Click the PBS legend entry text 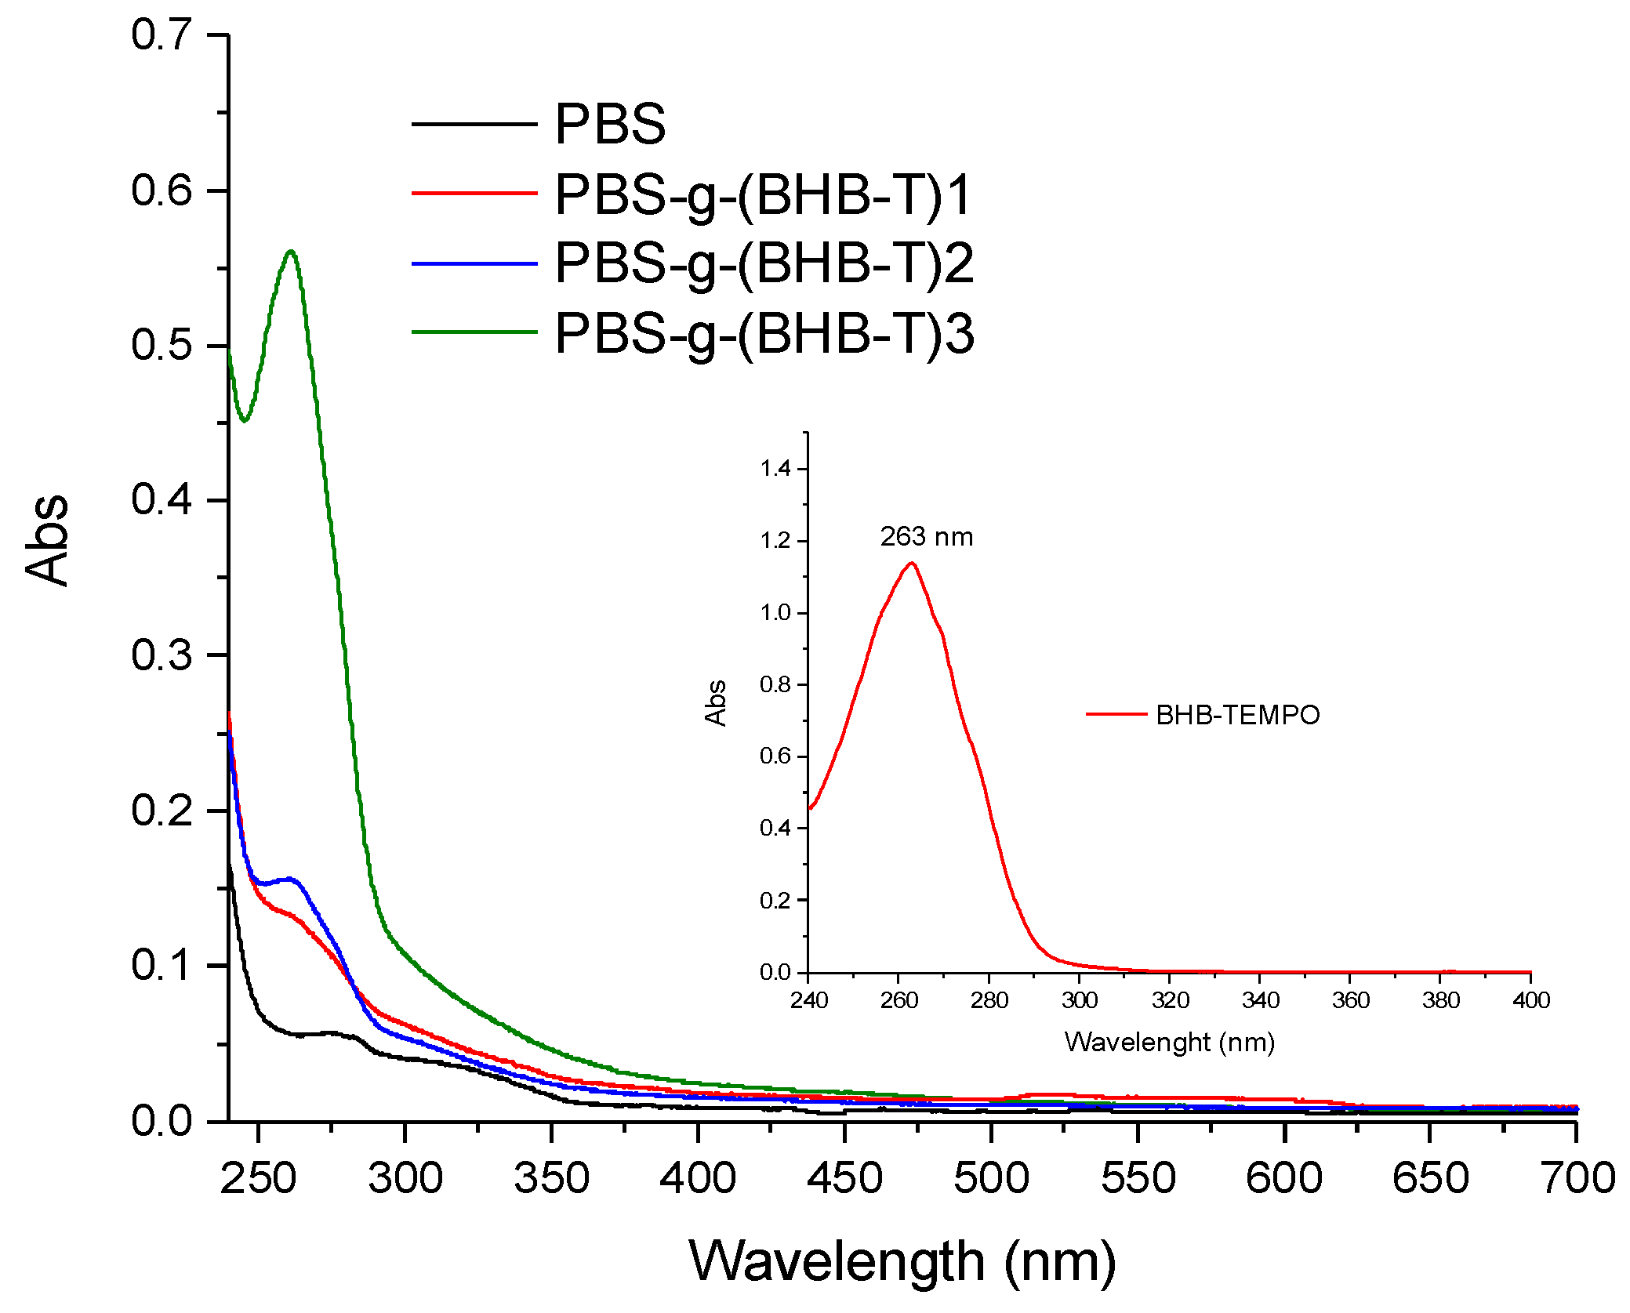pos(609,125)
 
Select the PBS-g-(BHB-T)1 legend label pos(763,194)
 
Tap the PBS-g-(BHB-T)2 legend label pos(763,263)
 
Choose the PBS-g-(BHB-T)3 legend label pos(763,334)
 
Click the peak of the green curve pos(291,252)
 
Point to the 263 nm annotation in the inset pos(926,537)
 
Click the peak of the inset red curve pos(911,563)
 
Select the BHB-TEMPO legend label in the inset pos(1237,715)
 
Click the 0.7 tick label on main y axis pos(161,34)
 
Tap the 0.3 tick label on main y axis pos(161,655)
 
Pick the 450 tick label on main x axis pos(844,1178)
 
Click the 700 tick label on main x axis pos(1577,1178)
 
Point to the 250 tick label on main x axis pos(258,1178)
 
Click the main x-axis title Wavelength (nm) pos(902,1262)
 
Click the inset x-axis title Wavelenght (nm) pos(1169,1042)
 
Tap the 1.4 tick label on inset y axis pos(775,469)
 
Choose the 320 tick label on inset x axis pos(1170,1000)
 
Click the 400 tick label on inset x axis pos(1530,1000)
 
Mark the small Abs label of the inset pos(715,702)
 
